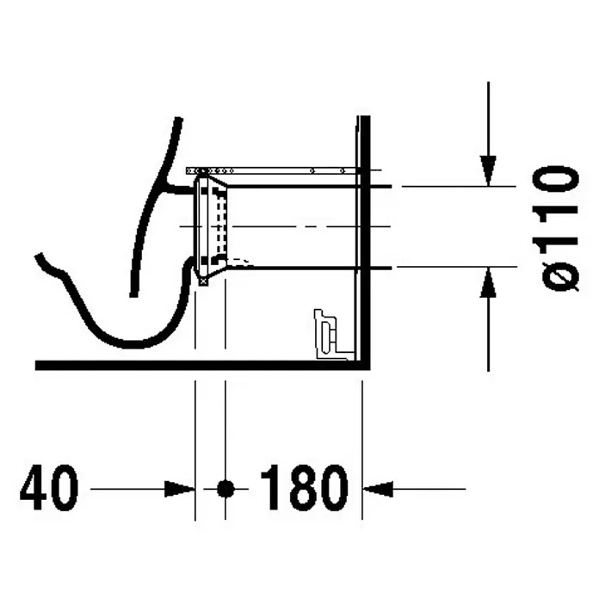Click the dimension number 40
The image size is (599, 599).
(x=49, y=488)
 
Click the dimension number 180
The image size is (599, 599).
(x=305, y=488)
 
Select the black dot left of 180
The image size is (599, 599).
(x=225, y=488)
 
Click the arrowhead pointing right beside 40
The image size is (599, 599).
(x=179, y=489)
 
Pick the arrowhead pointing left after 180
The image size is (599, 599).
(x=378, y=489)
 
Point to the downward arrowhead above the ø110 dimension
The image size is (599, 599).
(x=488, y=170)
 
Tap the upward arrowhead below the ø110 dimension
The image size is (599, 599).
(x=488, y=282)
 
